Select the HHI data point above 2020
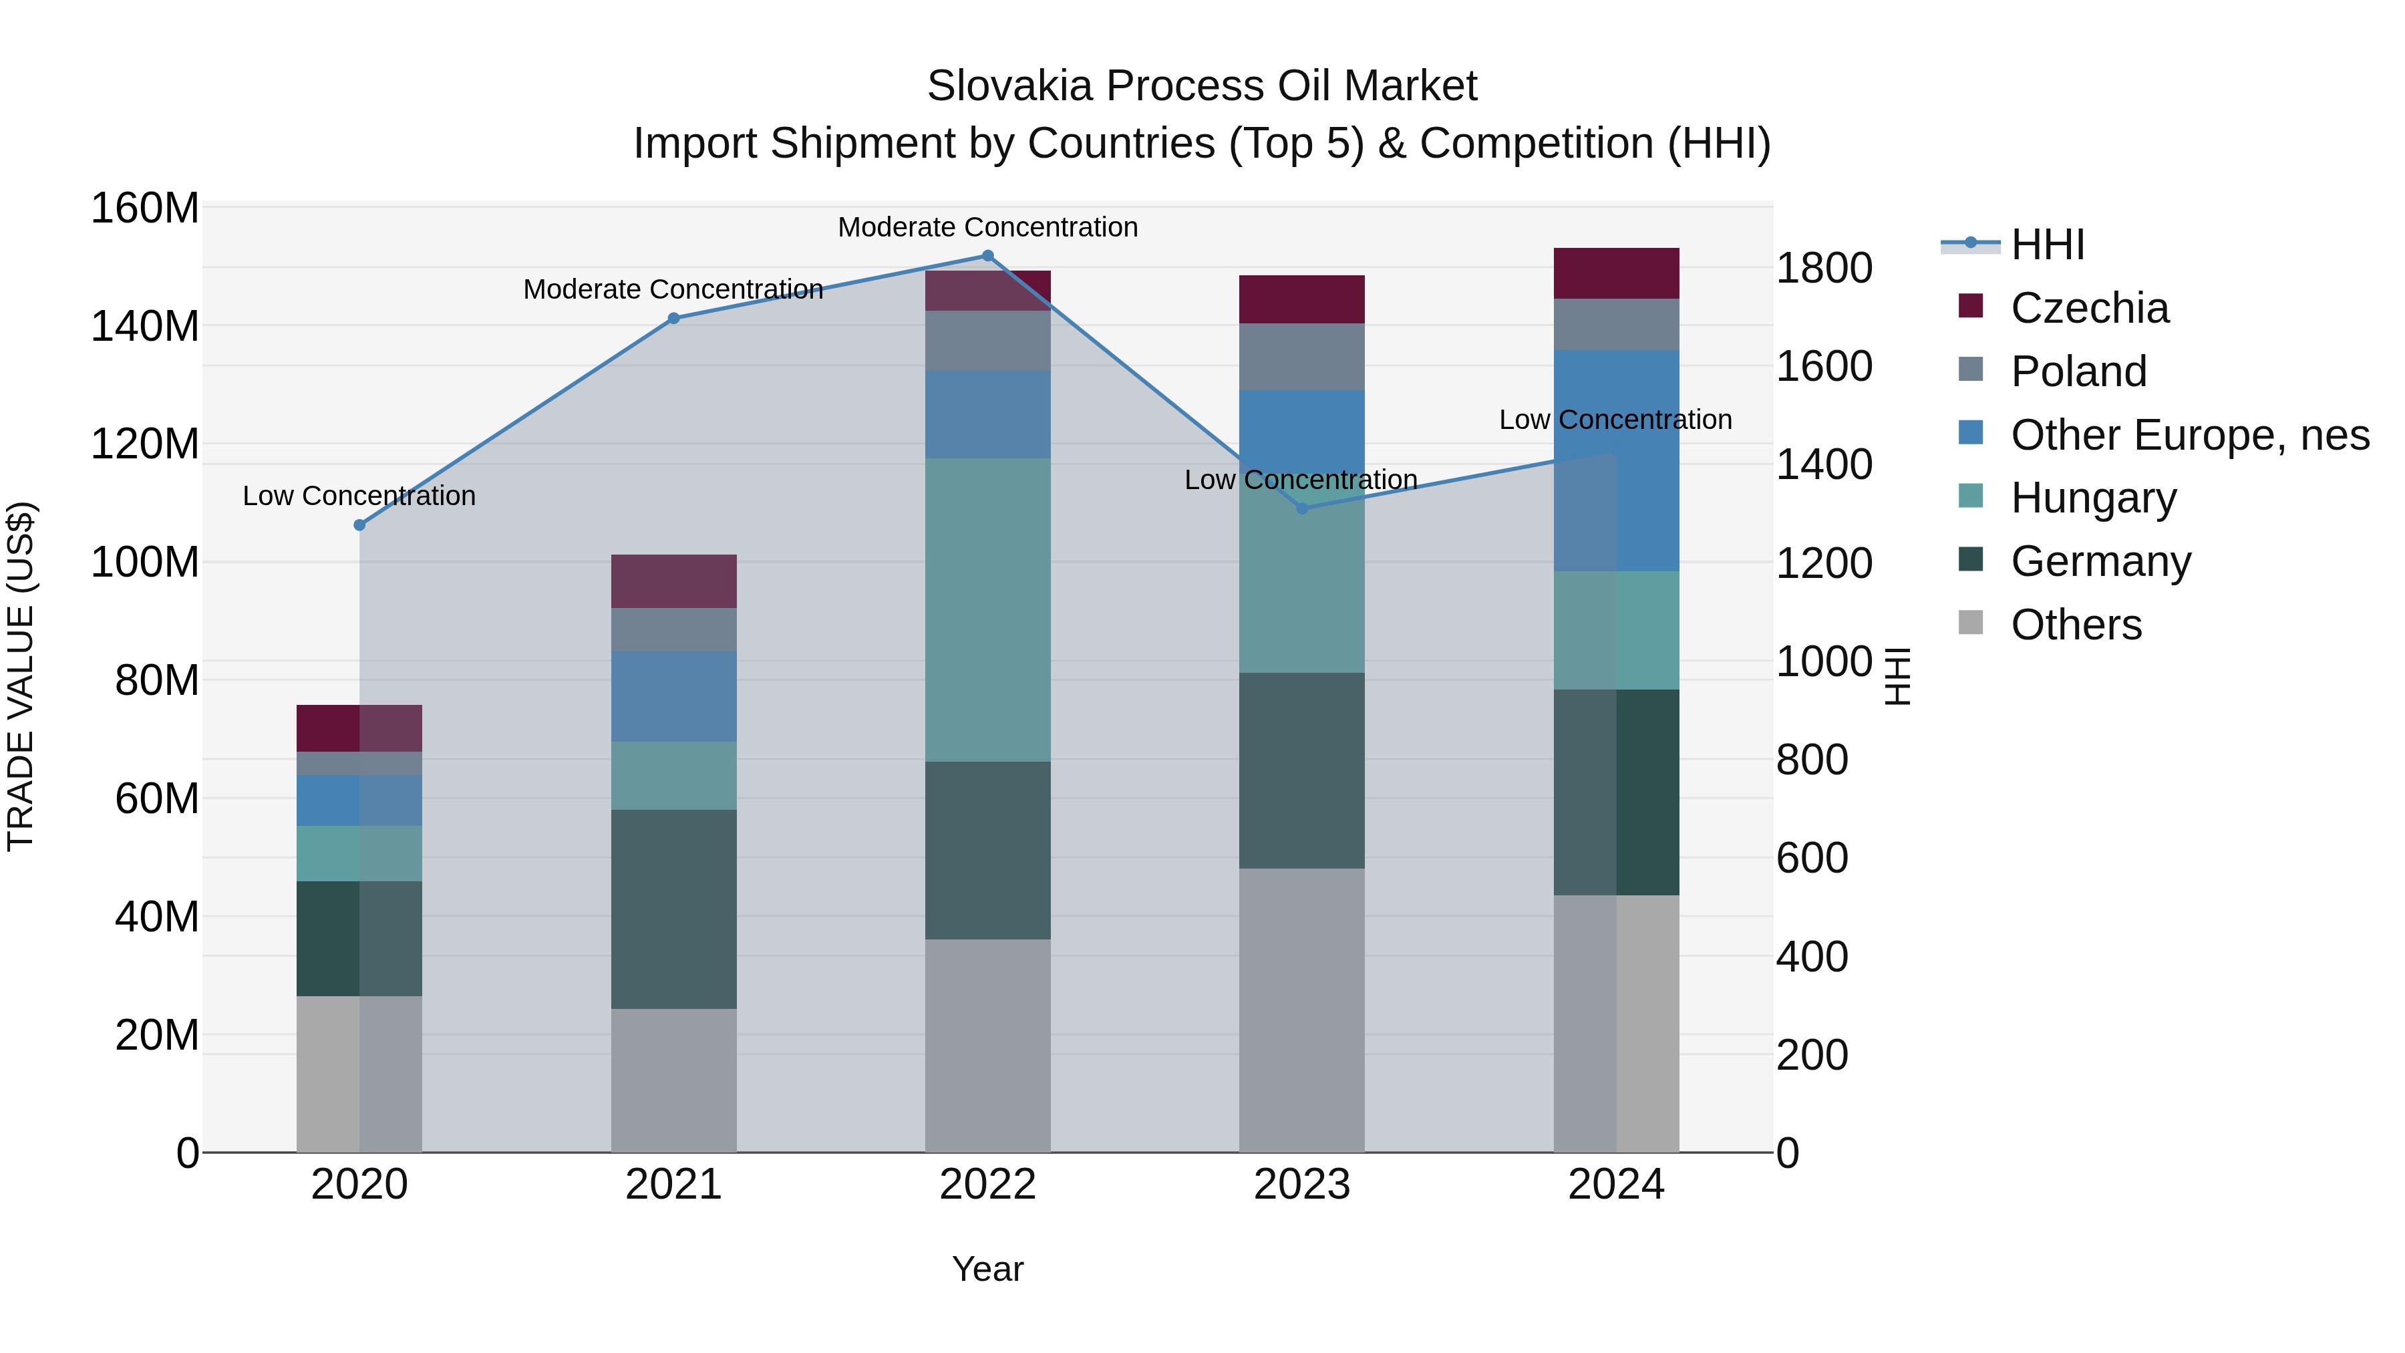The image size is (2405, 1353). tap(359, 524)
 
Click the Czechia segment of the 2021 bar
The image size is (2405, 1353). tap(673, 581)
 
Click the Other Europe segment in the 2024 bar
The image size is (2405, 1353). tap(1615, 460)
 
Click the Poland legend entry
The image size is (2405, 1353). tap(2078, 371)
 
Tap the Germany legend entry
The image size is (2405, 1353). tap(2100, 561)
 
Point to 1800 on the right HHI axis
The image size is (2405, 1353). tap(1823, 269)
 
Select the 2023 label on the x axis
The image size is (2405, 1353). tap(1301, 1185)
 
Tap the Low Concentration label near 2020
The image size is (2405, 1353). tap(359, 496)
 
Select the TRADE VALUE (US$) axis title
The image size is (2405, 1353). tap(21, 676)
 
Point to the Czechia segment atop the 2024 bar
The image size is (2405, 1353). tap(1615, 273)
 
